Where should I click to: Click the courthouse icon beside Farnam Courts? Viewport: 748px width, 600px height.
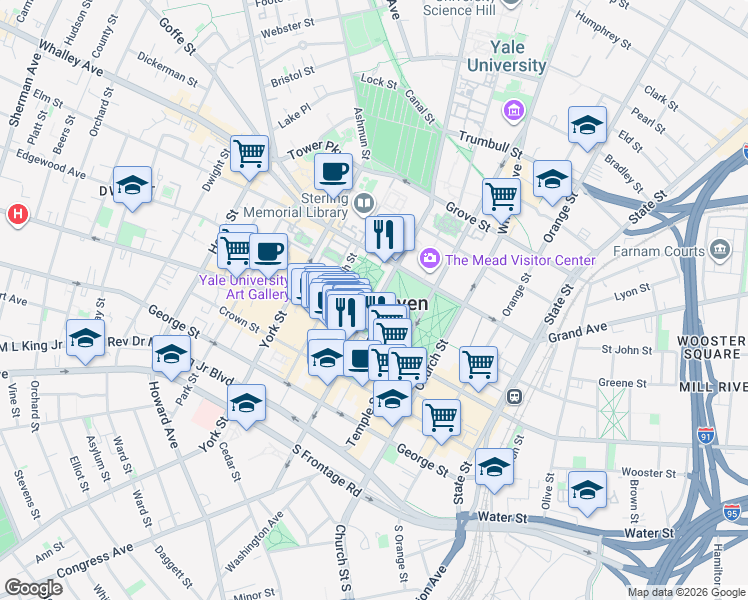[719, 250]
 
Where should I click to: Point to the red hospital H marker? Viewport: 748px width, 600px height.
[16, 214]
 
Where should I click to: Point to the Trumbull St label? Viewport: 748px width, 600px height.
[491, 143]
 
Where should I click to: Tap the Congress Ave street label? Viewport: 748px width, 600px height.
[95, 561]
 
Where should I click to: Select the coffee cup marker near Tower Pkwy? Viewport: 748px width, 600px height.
[333, 170]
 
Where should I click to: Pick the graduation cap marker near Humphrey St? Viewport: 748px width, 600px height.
[587, 125]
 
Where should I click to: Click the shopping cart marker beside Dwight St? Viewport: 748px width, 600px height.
[249, 153]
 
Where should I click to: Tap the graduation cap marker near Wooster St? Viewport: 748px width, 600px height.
[587, 489]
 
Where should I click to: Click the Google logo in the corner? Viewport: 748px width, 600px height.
[34, 588]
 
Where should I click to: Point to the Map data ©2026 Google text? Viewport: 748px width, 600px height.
[686, 592]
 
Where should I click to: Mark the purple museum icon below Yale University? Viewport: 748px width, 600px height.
[515, 110]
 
